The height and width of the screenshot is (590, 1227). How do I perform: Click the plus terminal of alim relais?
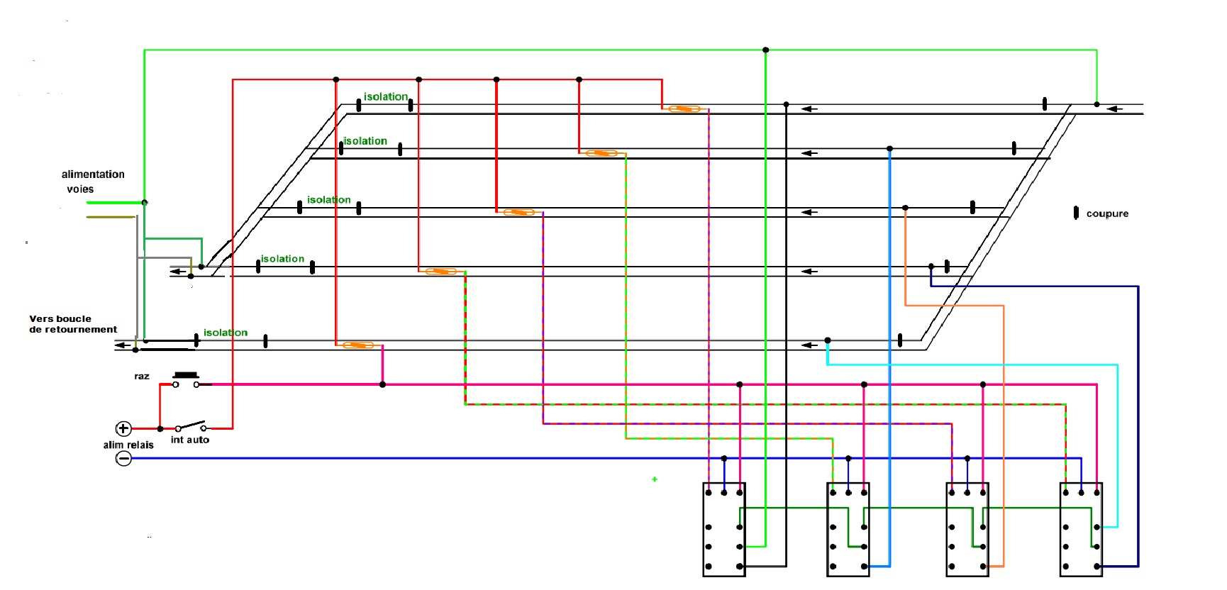(x=123, y=428)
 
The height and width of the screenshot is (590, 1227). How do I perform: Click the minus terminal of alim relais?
(x=123, y=459)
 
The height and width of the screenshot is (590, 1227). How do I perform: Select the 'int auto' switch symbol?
(x=191, y=427)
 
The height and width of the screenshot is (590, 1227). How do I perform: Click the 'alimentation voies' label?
(x=92, y=182)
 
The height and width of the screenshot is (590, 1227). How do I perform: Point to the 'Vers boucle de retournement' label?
(x=72, y=324)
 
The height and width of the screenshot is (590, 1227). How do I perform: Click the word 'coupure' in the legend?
(x=1106, y=213)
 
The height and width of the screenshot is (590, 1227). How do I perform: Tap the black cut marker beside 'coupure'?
(x=1076, y=213)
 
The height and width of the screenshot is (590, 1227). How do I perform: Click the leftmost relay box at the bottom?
(x=724, y=529)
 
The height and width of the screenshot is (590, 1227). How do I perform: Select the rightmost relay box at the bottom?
(x=1081, y=529)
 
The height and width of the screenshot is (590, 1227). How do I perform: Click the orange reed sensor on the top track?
(x=684, y=108)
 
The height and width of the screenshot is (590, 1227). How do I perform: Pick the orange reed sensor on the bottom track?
(x=357, y=345)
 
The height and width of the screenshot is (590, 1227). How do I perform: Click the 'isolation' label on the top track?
(x=386, y=96)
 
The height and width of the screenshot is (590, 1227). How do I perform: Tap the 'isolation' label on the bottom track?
(x=226, y=333)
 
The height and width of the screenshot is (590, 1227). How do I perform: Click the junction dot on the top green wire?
(x=765, y=50)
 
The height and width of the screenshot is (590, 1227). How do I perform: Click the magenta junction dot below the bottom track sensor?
(x=382, y=384)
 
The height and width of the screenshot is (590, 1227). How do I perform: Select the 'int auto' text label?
(x=189, y=440)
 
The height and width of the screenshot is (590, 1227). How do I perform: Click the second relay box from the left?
(x=848, y=529)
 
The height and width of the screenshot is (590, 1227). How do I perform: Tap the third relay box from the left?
(x=967, y=529)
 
